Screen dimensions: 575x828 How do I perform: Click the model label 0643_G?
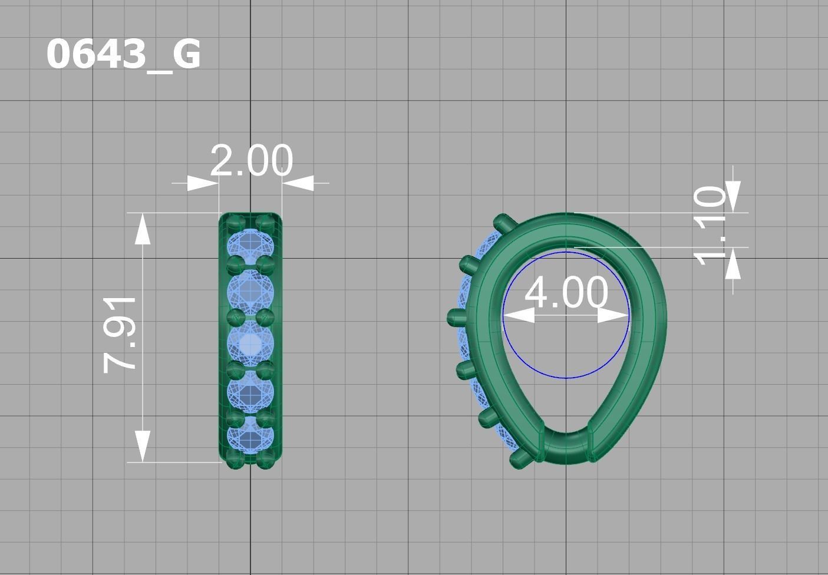click(x=123, y=55)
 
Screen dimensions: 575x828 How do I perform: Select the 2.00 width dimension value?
click(x=251, y=161)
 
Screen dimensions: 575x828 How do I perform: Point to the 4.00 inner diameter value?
click(x=566, y=292)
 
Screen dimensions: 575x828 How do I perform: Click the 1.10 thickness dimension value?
click(x=710, y=226)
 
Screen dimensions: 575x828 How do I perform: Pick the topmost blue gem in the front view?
click(x=250, y=244)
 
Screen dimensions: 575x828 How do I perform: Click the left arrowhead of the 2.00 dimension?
click(x=203, y=183)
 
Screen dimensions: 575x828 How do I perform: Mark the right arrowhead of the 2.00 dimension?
click(x=298, y=183)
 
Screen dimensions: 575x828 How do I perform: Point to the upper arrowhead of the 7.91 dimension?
click(x=142, y=230)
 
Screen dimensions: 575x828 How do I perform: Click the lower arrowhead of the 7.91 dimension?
click(x=142, y=445)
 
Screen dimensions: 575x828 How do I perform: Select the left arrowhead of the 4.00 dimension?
click(x=519, y=316)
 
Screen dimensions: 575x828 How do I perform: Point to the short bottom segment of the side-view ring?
click(x=566, y=448)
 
